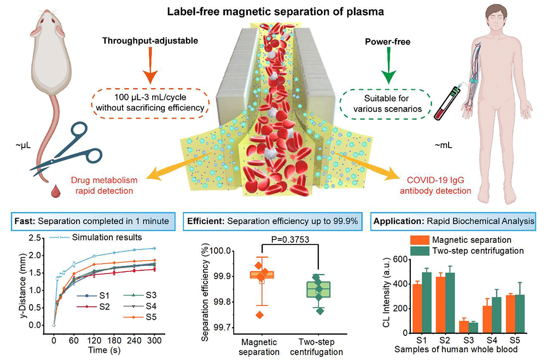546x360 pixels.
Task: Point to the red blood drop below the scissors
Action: point(55,191)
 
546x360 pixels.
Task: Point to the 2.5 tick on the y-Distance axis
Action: point(37,239)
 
